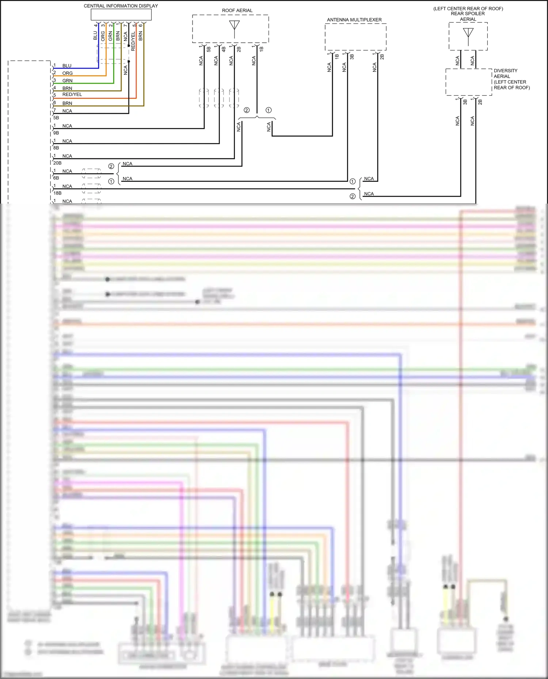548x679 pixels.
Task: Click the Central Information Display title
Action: pos(121,6)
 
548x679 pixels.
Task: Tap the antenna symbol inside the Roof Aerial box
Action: pos(234,27)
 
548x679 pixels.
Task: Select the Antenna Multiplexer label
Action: pos(354,20)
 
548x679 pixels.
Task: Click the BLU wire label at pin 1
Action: pos(67,66)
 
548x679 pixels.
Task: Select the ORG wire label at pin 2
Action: pos(68,73)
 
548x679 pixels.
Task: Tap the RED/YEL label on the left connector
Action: pos(72,94)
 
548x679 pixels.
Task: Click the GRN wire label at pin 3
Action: pos(68,81)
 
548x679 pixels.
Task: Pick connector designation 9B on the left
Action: pos(56,133)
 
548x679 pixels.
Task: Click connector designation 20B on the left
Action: pos(57,163)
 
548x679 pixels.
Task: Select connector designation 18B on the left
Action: pos(57,193)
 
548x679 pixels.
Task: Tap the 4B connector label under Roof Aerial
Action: pos(224,49)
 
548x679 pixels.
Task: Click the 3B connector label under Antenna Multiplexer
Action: pos(352,57)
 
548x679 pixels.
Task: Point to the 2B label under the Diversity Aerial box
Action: pos(480,102)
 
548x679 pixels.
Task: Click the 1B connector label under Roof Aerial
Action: pos(262,49)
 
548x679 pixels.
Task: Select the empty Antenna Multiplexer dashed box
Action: pos(355,37)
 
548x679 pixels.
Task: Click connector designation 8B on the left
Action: pos(56,148)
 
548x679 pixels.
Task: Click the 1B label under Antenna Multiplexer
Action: pos(337,57)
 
